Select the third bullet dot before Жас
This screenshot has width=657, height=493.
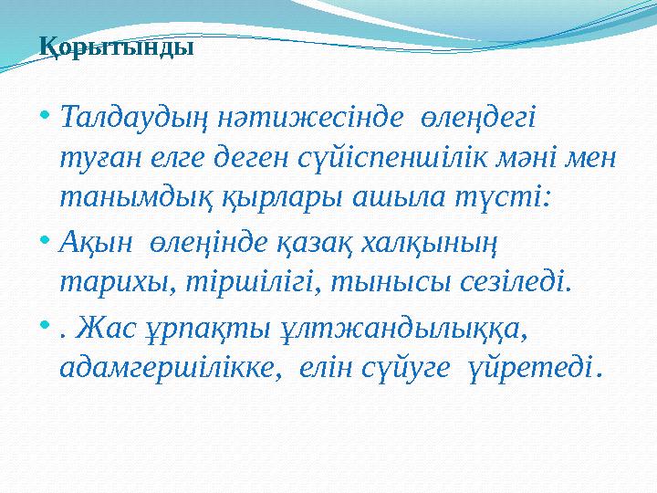point(46,327)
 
